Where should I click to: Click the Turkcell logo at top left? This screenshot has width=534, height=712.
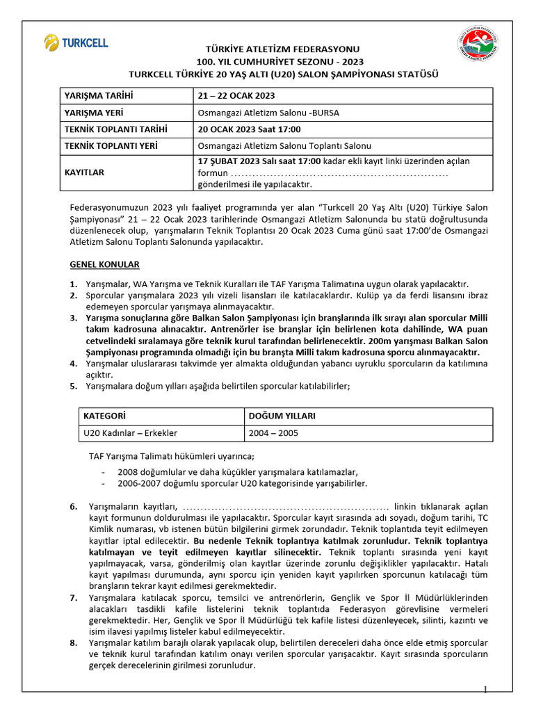click(x=76, y=42)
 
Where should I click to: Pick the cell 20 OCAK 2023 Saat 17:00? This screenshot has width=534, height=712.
click(x=249, y=129)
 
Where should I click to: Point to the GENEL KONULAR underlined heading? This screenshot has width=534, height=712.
click(x=104, y=265)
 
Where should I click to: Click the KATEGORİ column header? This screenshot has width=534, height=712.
click(x=104, y=416)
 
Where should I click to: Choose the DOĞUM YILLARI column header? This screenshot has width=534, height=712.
click(x=282, y=416)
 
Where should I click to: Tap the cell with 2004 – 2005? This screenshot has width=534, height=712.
click(x=273, y=432)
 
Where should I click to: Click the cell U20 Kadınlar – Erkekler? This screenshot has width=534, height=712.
click(x=130, y=432)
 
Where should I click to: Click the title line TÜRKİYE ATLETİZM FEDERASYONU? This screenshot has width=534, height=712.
click(x=282, y=49)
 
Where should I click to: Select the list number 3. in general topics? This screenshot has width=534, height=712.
click(x=73, y=318)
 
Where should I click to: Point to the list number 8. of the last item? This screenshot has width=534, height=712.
click(x=73, y=642)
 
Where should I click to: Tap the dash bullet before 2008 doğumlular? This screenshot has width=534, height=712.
click(x=104, y=471)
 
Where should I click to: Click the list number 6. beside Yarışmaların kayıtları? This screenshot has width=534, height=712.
click(x=73, y=506)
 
